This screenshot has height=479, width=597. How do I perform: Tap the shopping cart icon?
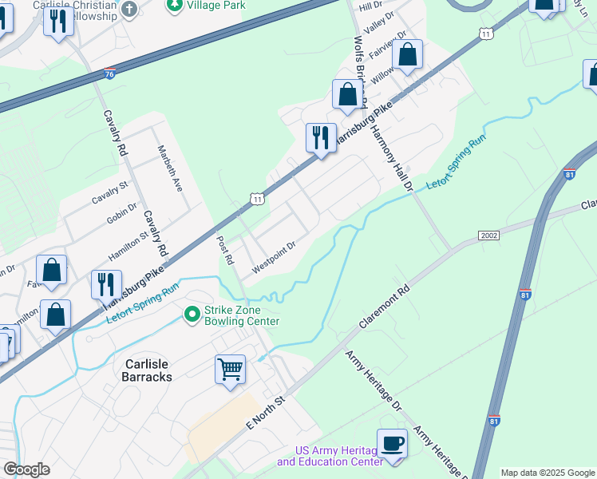click(x=230, y=370)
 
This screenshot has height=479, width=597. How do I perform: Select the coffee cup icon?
click(x=391, y=443)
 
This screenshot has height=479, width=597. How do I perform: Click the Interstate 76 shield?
click(x=109, y=73)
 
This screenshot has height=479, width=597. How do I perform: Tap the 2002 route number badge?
click(x=489, y=236)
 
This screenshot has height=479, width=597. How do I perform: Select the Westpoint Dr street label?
click(x=274, y=257)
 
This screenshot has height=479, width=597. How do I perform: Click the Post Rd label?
click(x=226, y=250)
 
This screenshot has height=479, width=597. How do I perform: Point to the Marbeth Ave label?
click(x=170, y=168)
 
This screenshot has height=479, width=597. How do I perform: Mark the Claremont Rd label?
click(x=385, y=303)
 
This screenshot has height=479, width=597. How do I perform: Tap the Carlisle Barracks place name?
click(x=136, y=369)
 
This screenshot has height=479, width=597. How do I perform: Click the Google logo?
click(x=26, y=469)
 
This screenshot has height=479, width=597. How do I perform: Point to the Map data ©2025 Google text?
click(x=547, y=473)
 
